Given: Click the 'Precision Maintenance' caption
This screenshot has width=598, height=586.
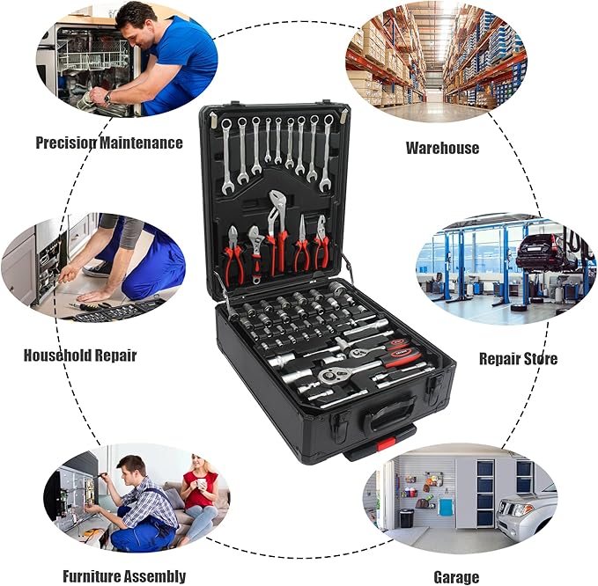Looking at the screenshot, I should (109, 142).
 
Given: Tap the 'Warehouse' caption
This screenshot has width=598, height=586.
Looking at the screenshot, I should (442, 147).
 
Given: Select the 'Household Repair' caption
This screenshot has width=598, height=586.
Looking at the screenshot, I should (80, 356).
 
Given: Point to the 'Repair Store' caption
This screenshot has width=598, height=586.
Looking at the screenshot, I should (518, 358).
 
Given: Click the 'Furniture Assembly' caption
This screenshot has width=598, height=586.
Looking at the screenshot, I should (124, 576).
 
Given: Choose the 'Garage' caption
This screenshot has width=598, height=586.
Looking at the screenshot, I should (456, 577).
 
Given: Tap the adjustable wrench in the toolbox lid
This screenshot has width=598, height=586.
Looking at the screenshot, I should (255, 251).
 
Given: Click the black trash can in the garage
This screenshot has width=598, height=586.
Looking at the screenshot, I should (406, 518).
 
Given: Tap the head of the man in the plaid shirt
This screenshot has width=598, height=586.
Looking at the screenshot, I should (131, 467).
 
